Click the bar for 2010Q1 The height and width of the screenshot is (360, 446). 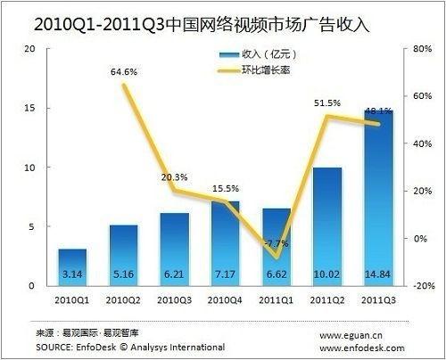pos(72,267)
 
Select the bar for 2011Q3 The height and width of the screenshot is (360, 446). pos(378,198)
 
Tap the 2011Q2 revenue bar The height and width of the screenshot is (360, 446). pos(327,227)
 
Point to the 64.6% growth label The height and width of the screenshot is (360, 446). pos(124,72)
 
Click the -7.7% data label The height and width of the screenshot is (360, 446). pos(277,243)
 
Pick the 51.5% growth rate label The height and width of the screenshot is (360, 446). pos(327,103)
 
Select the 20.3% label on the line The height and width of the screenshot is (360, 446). pos(175,177)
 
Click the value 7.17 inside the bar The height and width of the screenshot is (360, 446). pos(225,274)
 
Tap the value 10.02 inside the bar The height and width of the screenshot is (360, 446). pos(327,274)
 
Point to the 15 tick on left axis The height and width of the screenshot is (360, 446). pos(29,108)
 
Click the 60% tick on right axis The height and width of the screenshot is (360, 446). pos(422,96)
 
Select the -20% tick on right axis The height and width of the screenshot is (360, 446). pos(424,286)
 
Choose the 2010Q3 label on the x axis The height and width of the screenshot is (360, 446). pos(174,300)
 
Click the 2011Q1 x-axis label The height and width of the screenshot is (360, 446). pos(277,300)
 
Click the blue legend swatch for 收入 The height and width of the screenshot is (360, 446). pos(229,54)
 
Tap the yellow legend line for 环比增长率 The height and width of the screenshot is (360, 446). pos(228,71)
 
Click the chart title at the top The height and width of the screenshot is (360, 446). pos(202,25)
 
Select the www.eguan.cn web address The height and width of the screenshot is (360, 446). pos(351,336)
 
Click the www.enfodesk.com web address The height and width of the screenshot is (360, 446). pos(362,348)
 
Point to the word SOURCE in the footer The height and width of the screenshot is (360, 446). pos(54,348)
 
